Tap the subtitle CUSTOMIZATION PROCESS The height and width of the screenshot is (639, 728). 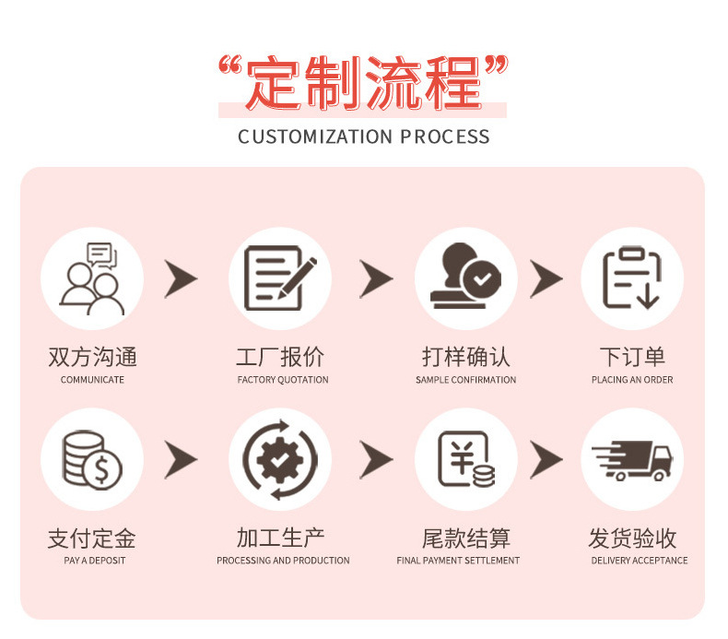pyautogui.click(x=363, y=137)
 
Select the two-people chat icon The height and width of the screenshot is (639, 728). pyautogui.click(x=92, y=278)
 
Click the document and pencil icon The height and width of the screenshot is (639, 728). pyautogui.click(x=280, y=278)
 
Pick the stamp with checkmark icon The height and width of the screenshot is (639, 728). pyautogui.click(x=465, y=278)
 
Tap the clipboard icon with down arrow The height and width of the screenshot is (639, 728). pyautogui.click(x=632, y=278)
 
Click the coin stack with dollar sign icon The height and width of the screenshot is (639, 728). pyautogui.click(x=92, y=459)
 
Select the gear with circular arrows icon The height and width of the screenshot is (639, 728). pyautogui.click(x=280, y=459)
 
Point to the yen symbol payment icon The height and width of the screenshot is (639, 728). pyautogui.click(x=465, y=459)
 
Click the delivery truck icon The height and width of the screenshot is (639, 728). pyautogui.click(x=632, y=459)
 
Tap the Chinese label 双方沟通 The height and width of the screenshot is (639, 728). pyautogui.click(x=92, y=357)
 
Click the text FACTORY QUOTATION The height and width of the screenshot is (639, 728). pyautogui.click(x=282, y=380)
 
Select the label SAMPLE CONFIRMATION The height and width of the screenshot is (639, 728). pyautogui.click(x=465, y=380)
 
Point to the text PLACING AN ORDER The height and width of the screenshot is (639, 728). pyautogui.click(x=632, y=380)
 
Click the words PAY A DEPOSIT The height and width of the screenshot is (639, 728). pyautogui.click(x=94, y=561)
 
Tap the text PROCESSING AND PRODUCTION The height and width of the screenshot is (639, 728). pyautogui.click(x=283, y=561)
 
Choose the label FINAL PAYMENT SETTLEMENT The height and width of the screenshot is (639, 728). pyautogui.click(x=458, y=561)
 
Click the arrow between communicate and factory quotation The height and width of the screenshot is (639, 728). pyautogui.click(x=182, y=278)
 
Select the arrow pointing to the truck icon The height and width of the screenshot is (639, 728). pyautogui.click(x=546, y=459)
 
